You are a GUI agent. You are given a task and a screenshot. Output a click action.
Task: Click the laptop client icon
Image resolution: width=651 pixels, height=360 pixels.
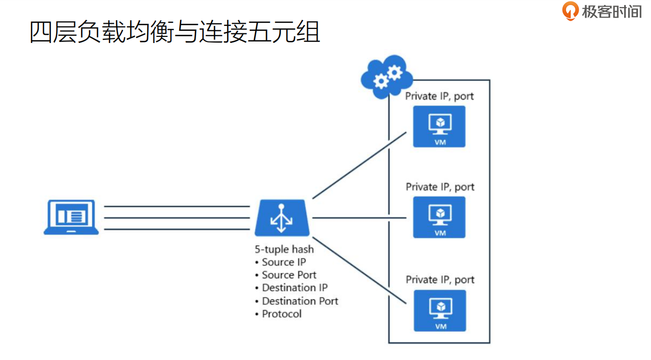tap(71, 217)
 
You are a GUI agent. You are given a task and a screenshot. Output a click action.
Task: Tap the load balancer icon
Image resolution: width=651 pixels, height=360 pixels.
tap(283, 218)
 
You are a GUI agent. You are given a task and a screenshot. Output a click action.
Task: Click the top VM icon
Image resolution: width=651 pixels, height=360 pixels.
tap(439, 126)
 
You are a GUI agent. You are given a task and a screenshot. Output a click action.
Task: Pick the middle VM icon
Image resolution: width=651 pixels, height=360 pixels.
tap(439, 217)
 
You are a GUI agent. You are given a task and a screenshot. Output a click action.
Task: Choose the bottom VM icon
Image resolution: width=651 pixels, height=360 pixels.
tap(439, 310)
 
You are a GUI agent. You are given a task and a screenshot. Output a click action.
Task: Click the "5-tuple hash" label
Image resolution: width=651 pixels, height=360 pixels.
tap(284, 249)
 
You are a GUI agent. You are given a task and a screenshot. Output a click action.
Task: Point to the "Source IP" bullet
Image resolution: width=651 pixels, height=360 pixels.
tap(284, 262)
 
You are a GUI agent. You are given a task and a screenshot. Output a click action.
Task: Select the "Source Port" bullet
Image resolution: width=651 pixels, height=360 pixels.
tap(289, 275)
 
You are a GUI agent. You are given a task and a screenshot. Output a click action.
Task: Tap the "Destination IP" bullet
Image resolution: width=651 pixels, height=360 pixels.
tap(294, 288)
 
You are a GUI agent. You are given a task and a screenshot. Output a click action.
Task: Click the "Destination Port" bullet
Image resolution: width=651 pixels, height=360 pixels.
tap(300, 301)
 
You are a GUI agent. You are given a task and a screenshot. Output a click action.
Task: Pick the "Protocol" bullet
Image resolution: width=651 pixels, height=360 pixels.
tap(281, 314)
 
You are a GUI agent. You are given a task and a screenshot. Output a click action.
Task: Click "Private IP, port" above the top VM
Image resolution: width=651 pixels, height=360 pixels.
tap(440, 96)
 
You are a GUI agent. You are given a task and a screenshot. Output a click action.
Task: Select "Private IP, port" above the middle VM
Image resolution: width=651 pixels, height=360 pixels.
tap(440, 187)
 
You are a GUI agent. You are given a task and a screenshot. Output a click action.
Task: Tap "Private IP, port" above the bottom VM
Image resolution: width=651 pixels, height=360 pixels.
tap(440, 280)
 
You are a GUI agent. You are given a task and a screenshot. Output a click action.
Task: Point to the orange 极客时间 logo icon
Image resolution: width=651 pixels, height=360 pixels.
tap(571, 11)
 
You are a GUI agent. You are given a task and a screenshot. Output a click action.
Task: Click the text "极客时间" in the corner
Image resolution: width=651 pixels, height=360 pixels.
tap(612, 11)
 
